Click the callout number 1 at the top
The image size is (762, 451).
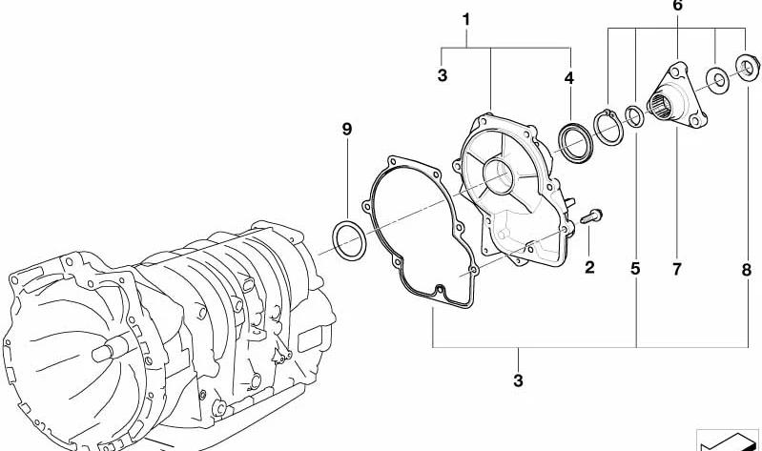tap(466, 20)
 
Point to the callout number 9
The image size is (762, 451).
tap(346, 130)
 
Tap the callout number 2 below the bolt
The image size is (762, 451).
tap(589, 267)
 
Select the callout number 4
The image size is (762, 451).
tap(569, 78)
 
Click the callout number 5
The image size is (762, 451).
tap(636, 269)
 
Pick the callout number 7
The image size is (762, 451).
tap(677, 269)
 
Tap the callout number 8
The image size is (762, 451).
tap(747, 270)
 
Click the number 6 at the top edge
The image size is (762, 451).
tap(677, 6)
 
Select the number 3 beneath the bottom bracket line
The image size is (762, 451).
tap(518, 380)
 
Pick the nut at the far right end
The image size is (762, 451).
tap(748, 68)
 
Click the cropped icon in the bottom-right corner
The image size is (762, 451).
tap(728, 440)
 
